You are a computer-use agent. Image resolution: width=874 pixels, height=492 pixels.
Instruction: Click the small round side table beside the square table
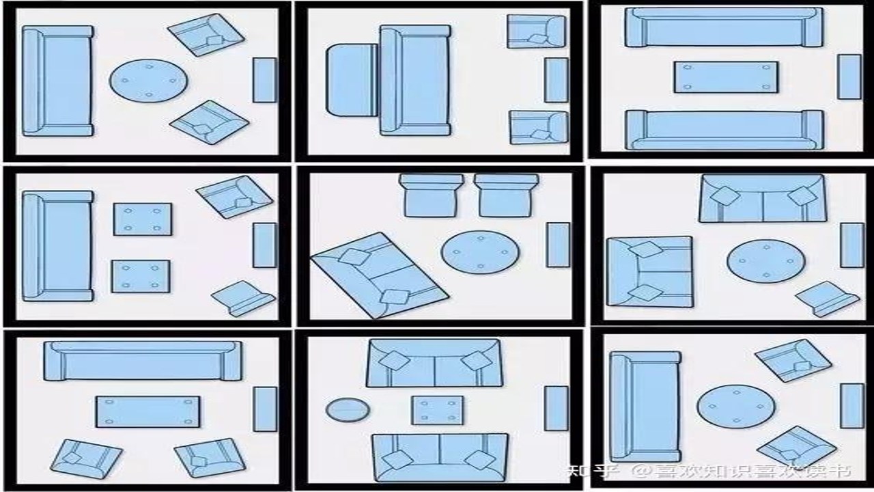pyautogui.click(x=348, y=409)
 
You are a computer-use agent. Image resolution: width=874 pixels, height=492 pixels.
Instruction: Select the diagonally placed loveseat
pyautogui.click(x=379, y=275)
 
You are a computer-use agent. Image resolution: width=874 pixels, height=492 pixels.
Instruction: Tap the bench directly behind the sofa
pyautogui.click(x=352, y=80)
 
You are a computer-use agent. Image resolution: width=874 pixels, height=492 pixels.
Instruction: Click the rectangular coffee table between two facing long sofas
pyautogui.click(x=726, y=77)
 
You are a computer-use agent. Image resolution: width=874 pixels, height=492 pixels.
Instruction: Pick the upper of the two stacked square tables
pyautogui.click(x=143, y=219)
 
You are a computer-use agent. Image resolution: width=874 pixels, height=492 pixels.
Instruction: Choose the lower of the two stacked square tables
pyautogui.click(x=141, y=277)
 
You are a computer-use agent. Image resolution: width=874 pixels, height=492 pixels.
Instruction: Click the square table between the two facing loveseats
pyautogui.click(x=438, y=411)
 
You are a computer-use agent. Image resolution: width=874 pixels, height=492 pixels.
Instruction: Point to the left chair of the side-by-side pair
pyautogui.click(x=431, y=195)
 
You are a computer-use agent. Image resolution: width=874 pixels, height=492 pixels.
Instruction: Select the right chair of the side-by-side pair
pyautogui.click(x=507, y=195)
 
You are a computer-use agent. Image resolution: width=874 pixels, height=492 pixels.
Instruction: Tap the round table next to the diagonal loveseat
pyautogui.click(x=480, y=252)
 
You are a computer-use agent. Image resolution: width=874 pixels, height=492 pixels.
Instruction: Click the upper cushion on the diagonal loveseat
pyautogui.click(x=354, y=257)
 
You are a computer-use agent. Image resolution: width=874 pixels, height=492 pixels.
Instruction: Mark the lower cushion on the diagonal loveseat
pyautogui.click(x=395, y=297)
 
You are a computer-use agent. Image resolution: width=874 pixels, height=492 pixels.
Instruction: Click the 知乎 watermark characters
pyautogui.click(x=593, y=471)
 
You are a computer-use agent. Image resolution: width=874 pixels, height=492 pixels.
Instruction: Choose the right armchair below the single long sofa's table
pyautogui.click(x=210, y=458)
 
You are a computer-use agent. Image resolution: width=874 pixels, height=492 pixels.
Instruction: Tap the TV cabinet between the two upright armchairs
pyautogui.click(x=556, y=80)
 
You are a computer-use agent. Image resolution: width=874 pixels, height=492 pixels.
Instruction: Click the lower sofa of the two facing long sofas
pyautogui.click(x=725, y=130)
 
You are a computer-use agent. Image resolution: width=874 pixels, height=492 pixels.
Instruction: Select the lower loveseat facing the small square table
pyautogui.click(x=440, y=457)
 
